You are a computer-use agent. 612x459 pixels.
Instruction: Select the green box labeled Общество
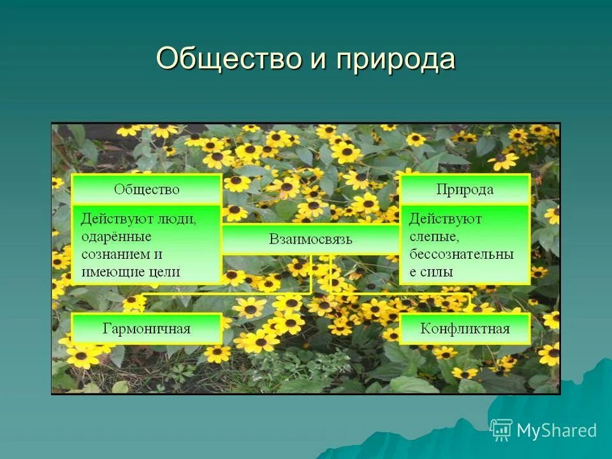coord(147,189)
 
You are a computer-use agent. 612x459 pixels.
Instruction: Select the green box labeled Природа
coord(465,189)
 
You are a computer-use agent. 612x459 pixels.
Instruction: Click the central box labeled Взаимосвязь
coord(310,240)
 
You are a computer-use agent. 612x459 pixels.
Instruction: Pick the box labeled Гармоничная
coord(147,329)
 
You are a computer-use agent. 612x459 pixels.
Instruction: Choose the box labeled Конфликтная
coord(465,329)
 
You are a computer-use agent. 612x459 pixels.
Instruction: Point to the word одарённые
coord(116,237)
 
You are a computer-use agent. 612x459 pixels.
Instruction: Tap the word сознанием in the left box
coord(113,254)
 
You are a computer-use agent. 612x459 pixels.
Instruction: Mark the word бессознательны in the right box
coord(461,254)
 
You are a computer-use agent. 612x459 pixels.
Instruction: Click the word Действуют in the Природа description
coord(445,219)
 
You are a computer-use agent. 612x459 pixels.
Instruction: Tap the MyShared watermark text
coord(557,430)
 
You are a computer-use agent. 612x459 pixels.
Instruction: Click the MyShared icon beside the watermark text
coord(502,430)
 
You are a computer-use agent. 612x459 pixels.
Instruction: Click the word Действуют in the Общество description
coord(117,219)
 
